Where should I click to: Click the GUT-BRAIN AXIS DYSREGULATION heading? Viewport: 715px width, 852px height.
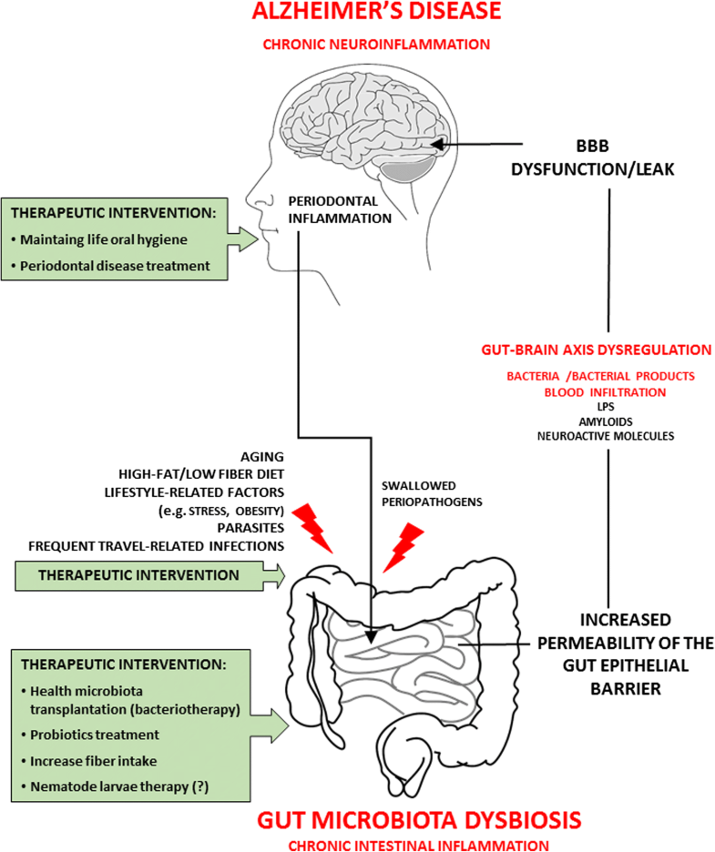[x=607, y=349]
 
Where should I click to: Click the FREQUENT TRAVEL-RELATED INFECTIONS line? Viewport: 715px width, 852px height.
[x=157, y=544]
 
